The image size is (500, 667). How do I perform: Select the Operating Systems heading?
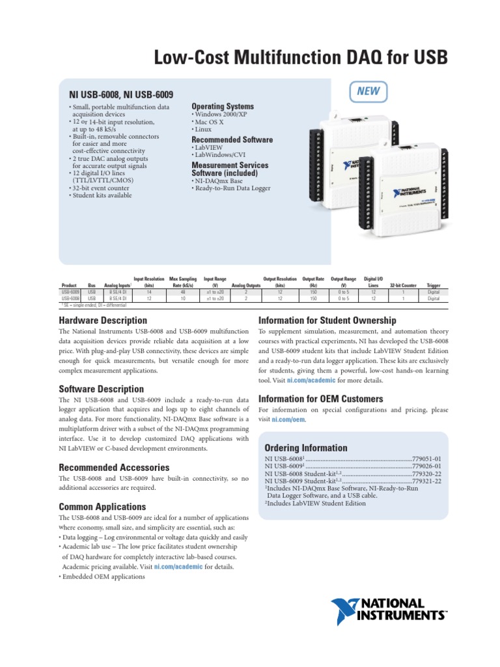click(x=222, y=106)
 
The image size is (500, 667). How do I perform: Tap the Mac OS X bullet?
click(x=209, y=122)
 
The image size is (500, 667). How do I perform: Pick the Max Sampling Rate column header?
click(x=183, y=282)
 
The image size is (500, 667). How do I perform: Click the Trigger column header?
click(x=434, y=285)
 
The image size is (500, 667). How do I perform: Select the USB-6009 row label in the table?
click(x=70, y=292)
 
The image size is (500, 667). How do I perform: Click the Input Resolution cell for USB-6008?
click(x=148, y=298)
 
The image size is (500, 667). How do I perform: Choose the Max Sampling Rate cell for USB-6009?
click(x=183, y=292)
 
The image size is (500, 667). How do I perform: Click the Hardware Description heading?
click(x=103, y=320)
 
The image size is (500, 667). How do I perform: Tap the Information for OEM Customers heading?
click(x=321, y=399)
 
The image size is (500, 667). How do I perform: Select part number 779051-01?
click(x=427, y=459)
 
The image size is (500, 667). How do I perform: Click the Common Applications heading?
click(x=102, y=507)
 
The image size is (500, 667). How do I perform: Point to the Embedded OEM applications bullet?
click(x=104, y=577)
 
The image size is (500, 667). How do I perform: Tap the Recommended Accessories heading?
click(x=114, y=468)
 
